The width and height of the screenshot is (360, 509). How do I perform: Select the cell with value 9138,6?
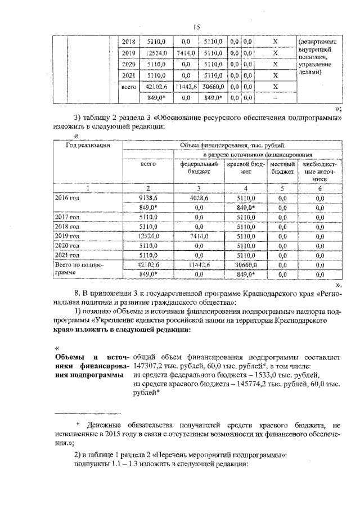[x=148, y=198]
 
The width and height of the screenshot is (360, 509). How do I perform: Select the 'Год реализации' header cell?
[x=87, y=145]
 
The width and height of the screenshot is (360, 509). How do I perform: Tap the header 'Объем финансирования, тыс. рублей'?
[x=232, y=145]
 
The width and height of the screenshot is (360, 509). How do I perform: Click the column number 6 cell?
[x=320, y=188]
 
